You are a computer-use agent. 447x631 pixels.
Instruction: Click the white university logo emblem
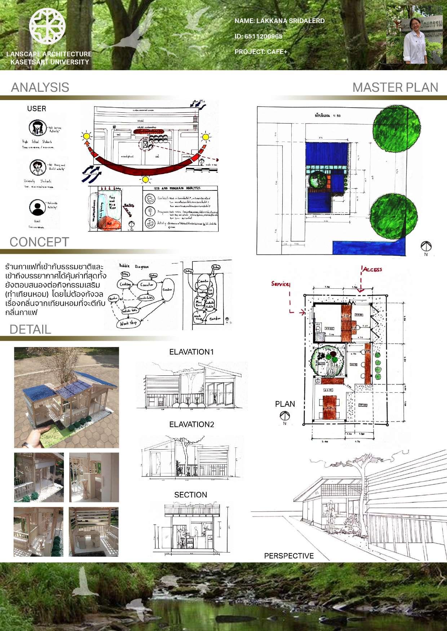tap(47, 26)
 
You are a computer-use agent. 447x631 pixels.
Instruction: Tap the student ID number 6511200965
tap(258, 36)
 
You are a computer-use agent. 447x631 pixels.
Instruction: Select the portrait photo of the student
tap(414, 35)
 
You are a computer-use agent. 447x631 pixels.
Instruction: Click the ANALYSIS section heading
tap(40, 87)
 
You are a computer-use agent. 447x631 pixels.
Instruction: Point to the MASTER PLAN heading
tap(395, 87)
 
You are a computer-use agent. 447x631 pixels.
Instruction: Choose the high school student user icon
tap(36, 127)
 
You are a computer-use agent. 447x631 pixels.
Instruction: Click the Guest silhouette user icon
tap(36, 207)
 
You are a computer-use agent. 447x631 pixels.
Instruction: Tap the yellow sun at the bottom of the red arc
tap(145, 179)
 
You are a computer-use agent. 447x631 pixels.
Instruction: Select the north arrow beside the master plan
tap(426, 247)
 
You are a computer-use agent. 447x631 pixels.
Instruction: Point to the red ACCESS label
tap(372, 270)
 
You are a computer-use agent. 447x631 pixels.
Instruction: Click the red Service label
tap(280, 284)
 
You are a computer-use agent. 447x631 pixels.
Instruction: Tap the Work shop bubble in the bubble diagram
tap(129, 323)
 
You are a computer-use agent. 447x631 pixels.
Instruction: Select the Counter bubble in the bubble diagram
tap(147, 285)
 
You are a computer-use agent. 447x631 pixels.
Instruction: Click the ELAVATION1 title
tap(191, 352)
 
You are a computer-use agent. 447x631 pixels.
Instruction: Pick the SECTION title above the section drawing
tap(191, 495)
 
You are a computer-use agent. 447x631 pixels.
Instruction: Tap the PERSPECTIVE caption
tap(289, 556)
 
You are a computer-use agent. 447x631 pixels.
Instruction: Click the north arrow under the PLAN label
tap(285, 416)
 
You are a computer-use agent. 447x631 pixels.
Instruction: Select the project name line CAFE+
tap(261, 52)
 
